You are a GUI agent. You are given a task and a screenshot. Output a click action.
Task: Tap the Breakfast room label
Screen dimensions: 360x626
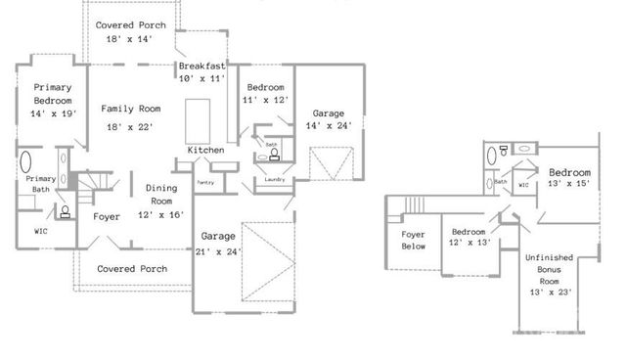tap(202, 66)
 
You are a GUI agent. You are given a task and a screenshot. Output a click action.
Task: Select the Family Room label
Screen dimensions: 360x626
tap(130, 109)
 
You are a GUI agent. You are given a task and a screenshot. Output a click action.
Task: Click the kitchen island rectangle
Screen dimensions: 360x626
tap(200, 120)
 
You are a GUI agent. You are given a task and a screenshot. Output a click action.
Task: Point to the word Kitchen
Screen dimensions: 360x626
tap(206, 150)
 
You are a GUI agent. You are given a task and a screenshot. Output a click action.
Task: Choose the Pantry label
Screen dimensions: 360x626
tap(205, 182)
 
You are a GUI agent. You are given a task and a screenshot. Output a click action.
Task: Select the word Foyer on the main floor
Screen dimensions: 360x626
tap(107, 216)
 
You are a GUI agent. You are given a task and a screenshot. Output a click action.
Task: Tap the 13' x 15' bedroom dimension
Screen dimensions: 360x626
tap(568, 183)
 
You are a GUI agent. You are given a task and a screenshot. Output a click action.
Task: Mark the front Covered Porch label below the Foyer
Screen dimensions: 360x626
tap(132, 268)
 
